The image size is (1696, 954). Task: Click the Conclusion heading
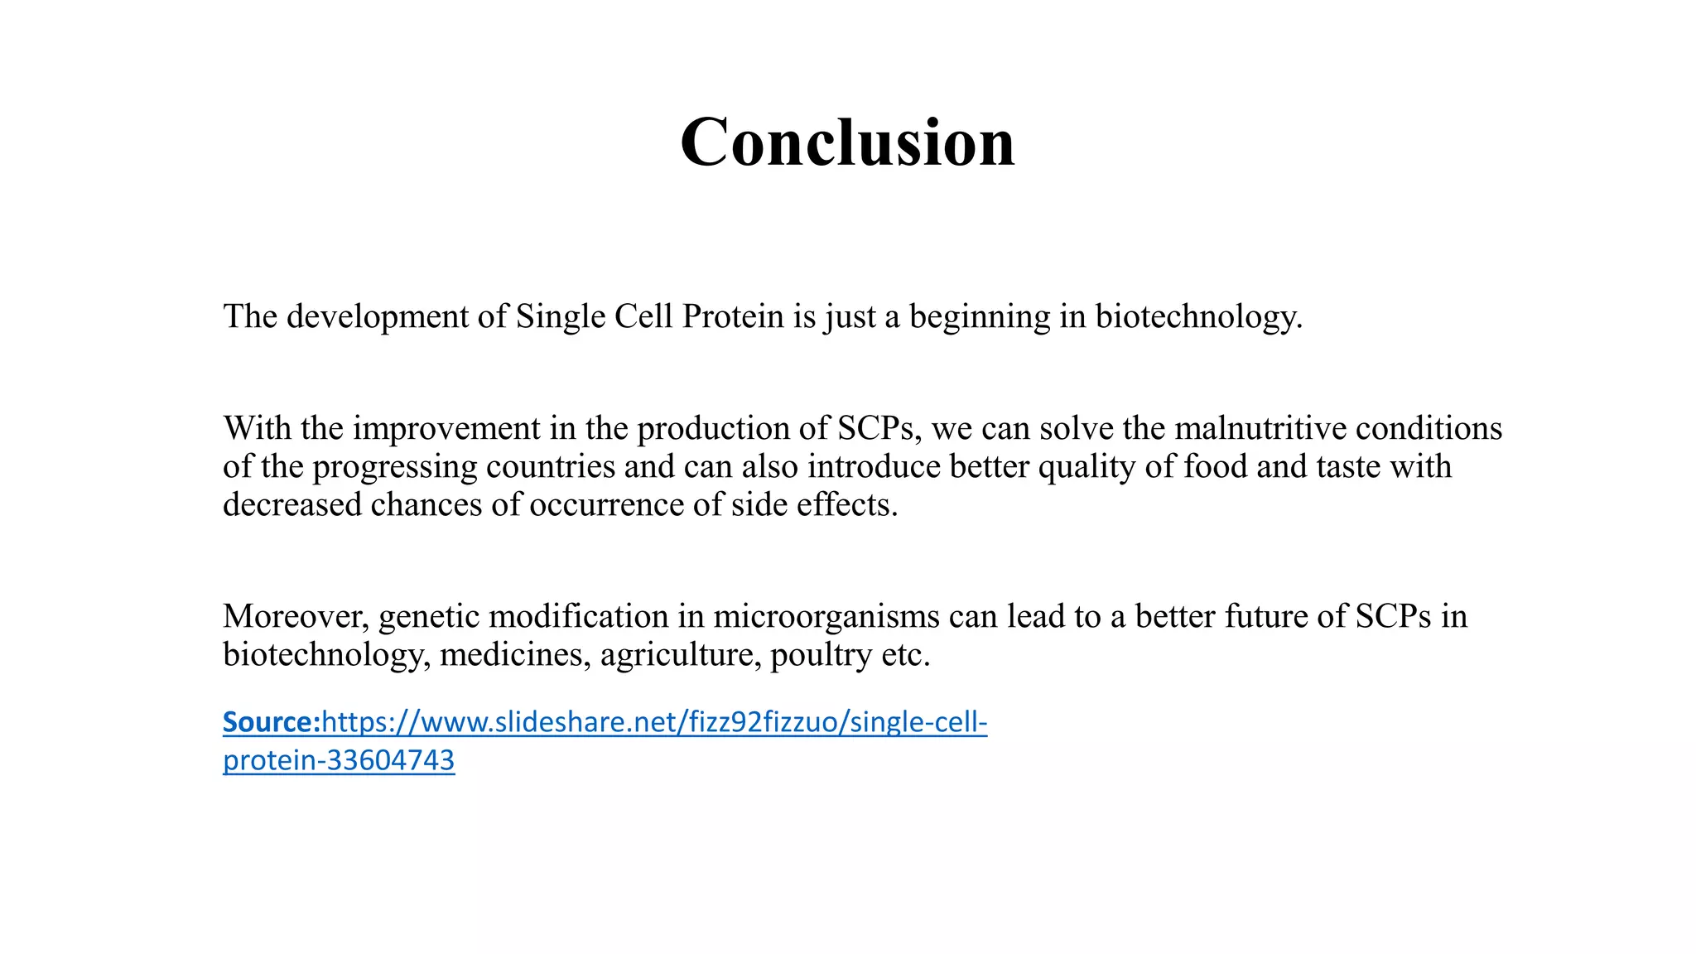(x=847, y=142)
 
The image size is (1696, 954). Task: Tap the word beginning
(x=980, y=317)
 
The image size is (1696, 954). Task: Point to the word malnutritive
(x=1260, y=429)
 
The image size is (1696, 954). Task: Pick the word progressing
(x=394, y=467)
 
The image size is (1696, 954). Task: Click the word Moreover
(x=296, y=617)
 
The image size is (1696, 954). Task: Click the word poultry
(x=821, y=655)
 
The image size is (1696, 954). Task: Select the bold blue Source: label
(x=271, y=722)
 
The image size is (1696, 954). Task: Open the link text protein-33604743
(x=339, y=760)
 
